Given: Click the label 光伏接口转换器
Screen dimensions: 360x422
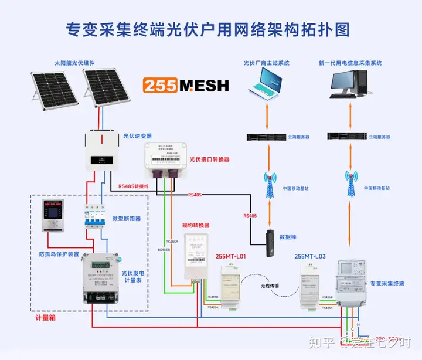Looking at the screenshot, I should (209, 159).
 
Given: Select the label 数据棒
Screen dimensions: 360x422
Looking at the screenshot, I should (288, 237).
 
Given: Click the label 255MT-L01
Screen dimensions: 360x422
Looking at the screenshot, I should (231, 256).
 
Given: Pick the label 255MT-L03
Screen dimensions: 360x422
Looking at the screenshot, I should (309, 256).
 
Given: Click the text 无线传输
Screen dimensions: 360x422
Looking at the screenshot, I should (269, 286).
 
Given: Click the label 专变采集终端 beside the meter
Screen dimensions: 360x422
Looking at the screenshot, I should (387, 283).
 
